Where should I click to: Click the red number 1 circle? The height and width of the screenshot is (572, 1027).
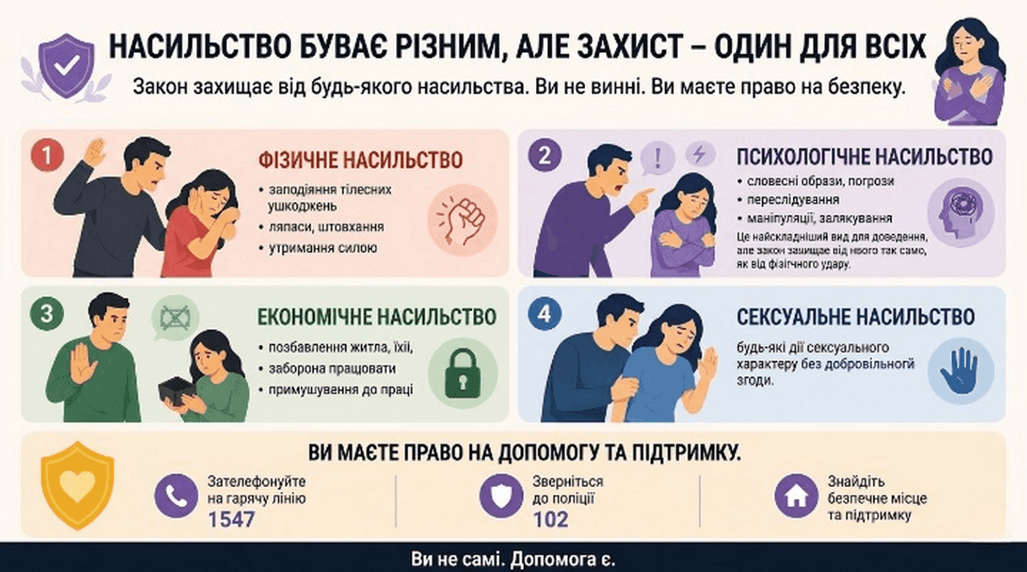pos(47,156)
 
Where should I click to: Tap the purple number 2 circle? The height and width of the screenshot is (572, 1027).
pos(545,156)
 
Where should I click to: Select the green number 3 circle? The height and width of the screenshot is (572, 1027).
pos(47,314)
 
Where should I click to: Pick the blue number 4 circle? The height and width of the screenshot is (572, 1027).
pos(545,314)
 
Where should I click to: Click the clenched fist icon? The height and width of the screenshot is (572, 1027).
pos(462,221)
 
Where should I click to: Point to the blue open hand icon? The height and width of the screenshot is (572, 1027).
pos(960,371)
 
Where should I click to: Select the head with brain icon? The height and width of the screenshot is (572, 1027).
pos(960,212)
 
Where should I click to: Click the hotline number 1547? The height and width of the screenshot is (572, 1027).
pos(231,519)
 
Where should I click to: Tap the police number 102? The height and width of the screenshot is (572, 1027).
pos(550,519)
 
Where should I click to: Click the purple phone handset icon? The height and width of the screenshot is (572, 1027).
pos(177,496)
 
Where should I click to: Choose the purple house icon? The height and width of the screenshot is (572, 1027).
pos(797,496)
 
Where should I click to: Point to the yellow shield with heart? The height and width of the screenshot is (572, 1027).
pos(78,485)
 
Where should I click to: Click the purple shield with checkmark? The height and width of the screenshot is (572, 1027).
pos(67,66)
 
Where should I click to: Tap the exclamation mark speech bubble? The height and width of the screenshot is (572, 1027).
pos(657,158)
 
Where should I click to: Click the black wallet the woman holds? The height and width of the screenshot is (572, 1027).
pos(176,391)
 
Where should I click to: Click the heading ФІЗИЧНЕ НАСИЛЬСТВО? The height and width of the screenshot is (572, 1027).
pos(361,160)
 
